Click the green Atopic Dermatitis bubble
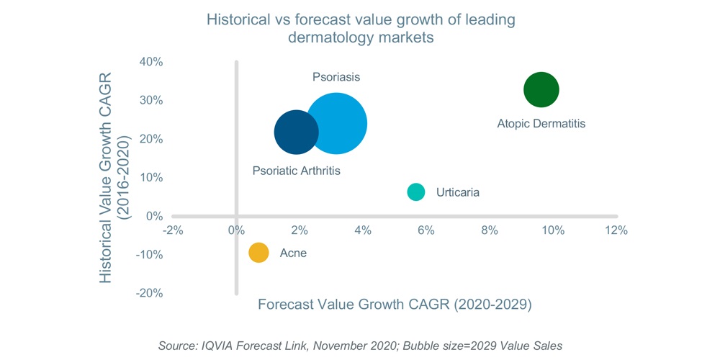(541, 90)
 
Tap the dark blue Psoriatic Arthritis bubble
(295, 132)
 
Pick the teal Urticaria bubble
(416, 192)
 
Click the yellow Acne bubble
(258, 253)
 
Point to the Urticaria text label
(457, 192)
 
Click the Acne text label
(292, 253)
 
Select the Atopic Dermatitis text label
(541, 124)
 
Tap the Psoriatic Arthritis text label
(296, 171)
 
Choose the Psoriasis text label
(336, 76)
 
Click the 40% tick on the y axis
(150, 62)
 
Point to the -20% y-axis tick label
(148, 293)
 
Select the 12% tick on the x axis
(616, 230)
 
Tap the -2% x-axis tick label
(173, 230)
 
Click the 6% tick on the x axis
(426, 230)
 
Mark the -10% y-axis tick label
(148, 255)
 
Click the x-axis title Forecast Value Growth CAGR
(395, 305)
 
